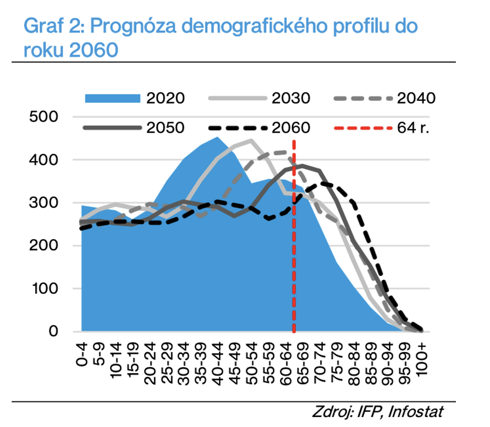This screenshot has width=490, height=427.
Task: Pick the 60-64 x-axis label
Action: click(286, 362)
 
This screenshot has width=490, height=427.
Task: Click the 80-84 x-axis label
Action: click(353, 362)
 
